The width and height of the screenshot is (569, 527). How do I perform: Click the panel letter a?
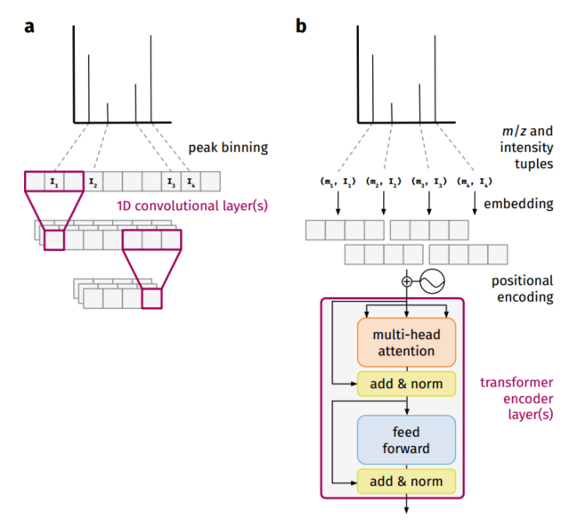tap(29, 26)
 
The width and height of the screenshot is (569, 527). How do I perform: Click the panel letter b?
tap(301, 26)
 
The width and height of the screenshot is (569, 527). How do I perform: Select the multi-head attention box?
tap(406, 341)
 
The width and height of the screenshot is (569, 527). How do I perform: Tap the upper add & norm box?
tap(406, 385)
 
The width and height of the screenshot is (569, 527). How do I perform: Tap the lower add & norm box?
tap(406, 482)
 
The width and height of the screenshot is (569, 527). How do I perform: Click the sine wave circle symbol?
tap(432, 282)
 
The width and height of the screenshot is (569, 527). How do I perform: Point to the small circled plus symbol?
tap(408, 282)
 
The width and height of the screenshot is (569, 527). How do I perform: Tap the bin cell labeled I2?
tap(93, 182)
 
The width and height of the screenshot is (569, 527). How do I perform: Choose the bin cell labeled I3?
tap(170, 182)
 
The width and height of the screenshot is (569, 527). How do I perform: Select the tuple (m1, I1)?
tap(337, 182)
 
